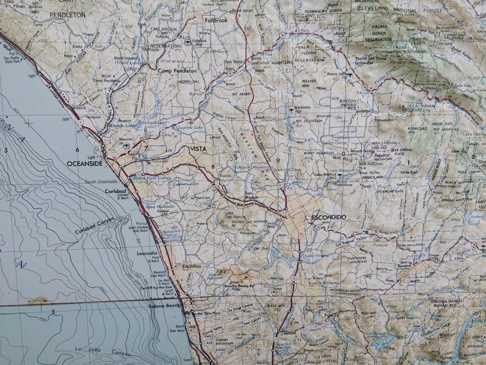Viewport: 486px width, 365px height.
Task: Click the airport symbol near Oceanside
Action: point(126,146)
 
